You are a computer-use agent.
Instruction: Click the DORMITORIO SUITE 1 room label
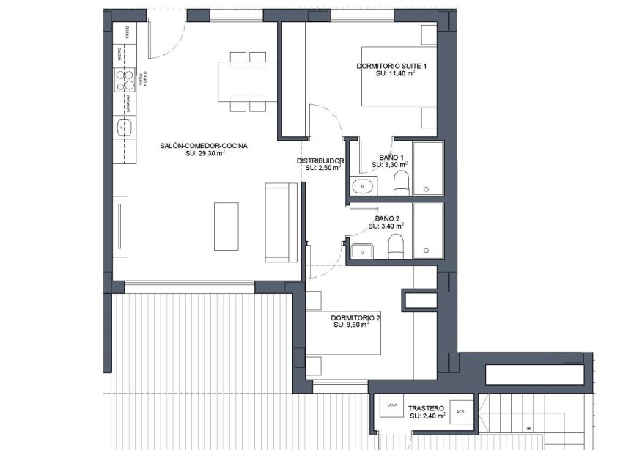(x=391, y=66)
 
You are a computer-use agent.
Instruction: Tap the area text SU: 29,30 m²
(x=204, y=154)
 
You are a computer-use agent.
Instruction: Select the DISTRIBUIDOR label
(x=320, y=161)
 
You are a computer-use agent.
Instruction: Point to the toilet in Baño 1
(x=401, y=184)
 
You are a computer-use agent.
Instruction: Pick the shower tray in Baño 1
(x=427, y=169)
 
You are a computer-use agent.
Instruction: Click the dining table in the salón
(x=248, y=81)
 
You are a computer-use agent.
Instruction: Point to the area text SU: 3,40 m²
(x=388, y=227)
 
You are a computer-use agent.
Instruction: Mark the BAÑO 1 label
(x=391, y=158)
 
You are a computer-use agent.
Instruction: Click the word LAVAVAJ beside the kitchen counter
(x=128, y=103)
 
